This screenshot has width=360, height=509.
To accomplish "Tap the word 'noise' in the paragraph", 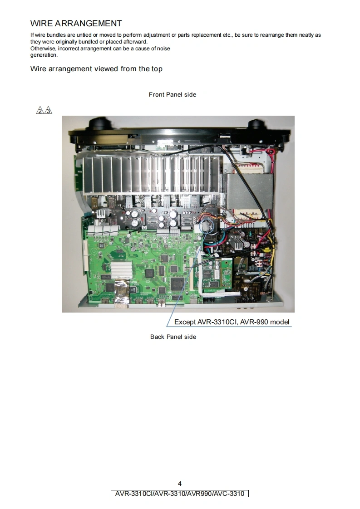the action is coord(163,49).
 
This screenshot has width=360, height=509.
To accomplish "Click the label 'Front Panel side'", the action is coord(173,94).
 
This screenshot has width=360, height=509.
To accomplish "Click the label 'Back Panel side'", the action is coord(173,337).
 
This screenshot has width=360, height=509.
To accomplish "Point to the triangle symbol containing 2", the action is coord(40,110).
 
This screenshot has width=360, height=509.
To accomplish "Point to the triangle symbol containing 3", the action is coord(48,110).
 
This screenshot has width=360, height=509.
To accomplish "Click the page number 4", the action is coord(180,483).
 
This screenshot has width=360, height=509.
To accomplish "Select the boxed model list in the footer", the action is coord(180,494).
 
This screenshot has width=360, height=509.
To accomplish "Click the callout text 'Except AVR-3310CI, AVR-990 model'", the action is coord(232,322).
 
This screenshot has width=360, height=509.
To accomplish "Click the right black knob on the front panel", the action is coord(256,124).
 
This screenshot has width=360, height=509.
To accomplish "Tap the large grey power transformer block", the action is coord(250,191).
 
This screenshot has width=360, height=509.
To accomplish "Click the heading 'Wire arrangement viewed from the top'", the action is coord(96,69).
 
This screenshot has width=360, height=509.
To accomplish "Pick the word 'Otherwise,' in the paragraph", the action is coord(43,49).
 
